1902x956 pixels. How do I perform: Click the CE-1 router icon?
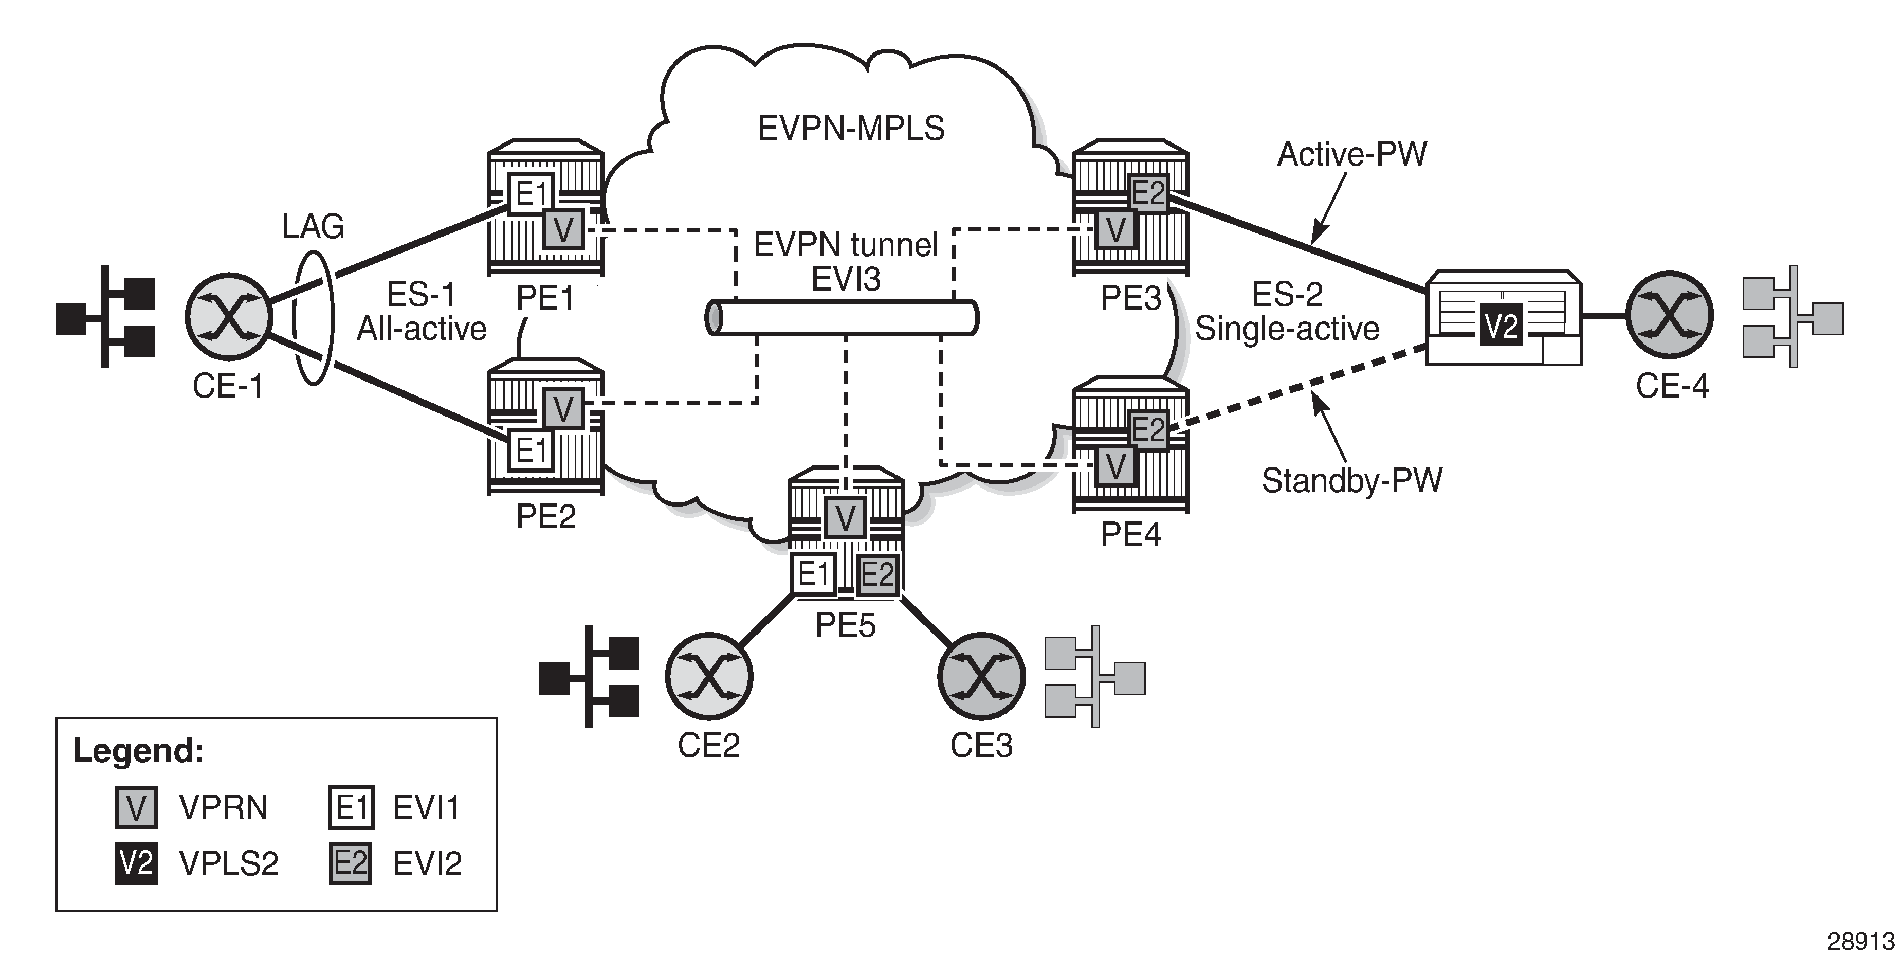(229, 315)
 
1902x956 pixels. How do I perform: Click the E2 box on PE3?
(1148, 193)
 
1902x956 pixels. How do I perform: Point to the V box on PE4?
(1115, 466)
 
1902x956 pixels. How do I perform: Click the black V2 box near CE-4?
(1501, 325)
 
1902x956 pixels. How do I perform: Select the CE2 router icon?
(709, 676)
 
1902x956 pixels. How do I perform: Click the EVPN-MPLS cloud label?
(851, 129)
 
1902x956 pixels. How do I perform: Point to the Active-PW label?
(1352, 154)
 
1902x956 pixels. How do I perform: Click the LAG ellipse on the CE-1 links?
(313, 318)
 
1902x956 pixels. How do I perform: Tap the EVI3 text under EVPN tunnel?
(846, 279)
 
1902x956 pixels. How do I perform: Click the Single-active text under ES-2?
(1287, 329)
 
